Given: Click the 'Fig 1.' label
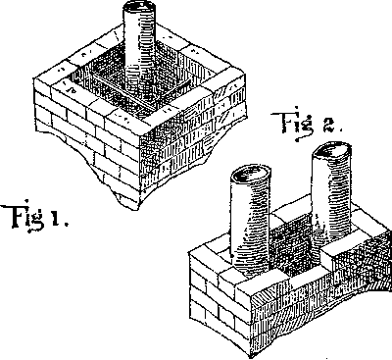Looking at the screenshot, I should [x=33, y=215].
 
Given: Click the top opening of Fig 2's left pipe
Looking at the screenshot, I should [x=250, y=177].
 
